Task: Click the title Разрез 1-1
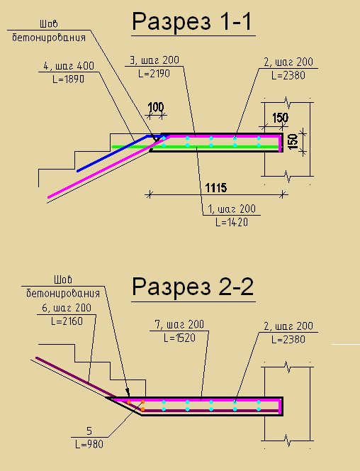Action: pos(192,21)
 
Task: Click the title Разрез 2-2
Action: pos(193,287)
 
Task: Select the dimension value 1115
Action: pos(216,188)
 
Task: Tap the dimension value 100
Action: pos(156,107)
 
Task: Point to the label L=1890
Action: pos(69,79)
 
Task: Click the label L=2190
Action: pos(154,74)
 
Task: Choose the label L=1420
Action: pos(232,222)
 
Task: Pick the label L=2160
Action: pos(67,321)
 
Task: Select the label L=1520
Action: pos(179,338)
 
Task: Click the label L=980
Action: pos(89,444)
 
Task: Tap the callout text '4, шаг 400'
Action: pos(69,66)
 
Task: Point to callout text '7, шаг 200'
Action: pos(179,324)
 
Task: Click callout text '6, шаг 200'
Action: pos(67,308)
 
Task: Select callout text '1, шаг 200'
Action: pos(232,209)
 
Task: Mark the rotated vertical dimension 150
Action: pos(293,141)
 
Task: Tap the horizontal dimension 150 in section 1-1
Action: pos(280,118)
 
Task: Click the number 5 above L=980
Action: pos(89,431)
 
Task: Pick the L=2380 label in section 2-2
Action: pos(288,340)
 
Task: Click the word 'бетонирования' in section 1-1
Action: pos(49,38)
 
